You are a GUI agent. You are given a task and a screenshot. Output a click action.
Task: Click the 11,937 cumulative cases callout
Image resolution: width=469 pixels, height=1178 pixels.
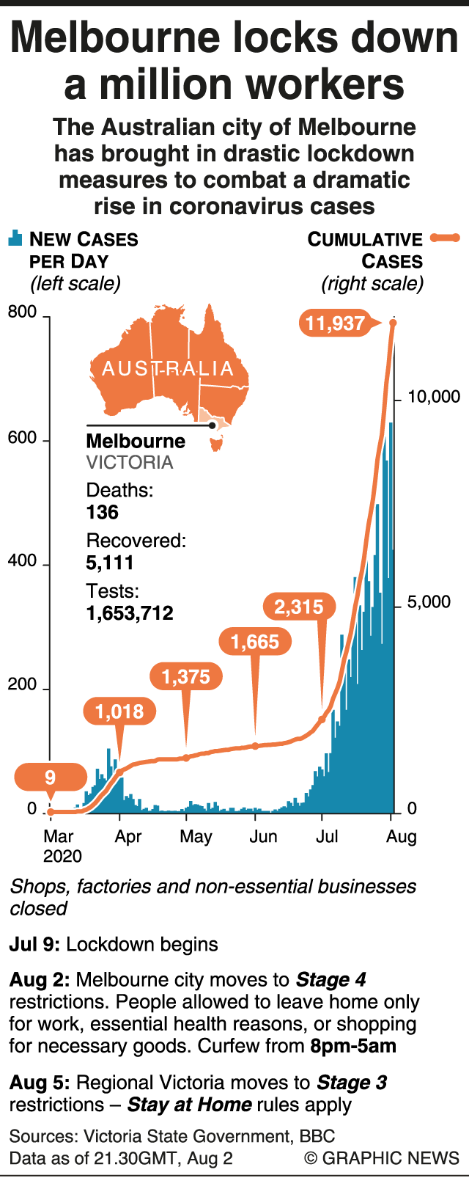pos(334,323)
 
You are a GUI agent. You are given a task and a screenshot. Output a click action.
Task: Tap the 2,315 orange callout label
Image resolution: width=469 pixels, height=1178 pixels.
pos(299,607)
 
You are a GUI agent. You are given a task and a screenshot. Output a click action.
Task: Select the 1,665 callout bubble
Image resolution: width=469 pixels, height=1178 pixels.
pos(255,643)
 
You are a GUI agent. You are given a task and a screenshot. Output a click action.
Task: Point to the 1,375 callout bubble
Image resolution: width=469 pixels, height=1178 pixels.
pos(186,677)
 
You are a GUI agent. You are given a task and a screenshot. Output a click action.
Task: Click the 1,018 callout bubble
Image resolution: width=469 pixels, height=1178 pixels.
pos(119,711)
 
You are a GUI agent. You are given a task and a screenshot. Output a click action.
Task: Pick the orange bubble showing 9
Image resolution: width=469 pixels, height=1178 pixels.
pos(50,778)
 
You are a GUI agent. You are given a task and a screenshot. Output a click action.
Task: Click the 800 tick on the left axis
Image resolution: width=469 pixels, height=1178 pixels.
pos(22,312)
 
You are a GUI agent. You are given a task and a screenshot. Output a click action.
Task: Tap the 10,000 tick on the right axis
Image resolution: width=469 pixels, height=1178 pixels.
pos(434,397)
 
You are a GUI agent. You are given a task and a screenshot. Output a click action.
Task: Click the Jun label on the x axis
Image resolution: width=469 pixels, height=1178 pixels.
pos(263,837)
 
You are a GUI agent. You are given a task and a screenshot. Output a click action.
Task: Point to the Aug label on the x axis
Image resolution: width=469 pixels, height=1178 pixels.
pos(402,837)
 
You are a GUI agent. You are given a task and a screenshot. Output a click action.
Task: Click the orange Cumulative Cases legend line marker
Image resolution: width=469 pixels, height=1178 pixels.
pos(445,238)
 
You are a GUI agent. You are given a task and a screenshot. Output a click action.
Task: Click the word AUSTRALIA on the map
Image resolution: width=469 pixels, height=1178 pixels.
pos(168,368)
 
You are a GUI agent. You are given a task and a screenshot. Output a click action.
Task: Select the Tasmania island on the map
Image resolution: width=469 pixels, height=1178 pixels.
pos(215,443)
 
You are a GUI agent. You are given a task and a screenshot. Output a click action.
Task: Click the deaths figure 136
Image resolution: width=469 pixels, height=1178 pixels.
pos(103,512)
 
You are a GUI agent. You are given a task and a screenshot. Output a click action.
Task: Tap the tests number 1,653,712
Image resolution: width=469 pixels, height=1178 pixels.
pos(130,613)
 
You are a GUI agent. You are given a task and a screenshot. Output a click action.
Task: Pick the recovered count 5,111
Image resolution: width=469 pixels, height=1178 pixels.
pos(110,563)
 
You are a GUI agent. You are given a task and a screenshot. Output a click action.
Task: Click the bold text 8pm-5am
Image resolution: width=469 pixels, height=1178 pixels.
pos(353,1046)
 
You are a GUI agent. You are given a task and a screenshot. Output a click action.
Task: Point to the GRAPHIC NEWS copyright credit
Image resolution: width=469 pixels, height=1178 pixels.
pos(382,1158)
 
